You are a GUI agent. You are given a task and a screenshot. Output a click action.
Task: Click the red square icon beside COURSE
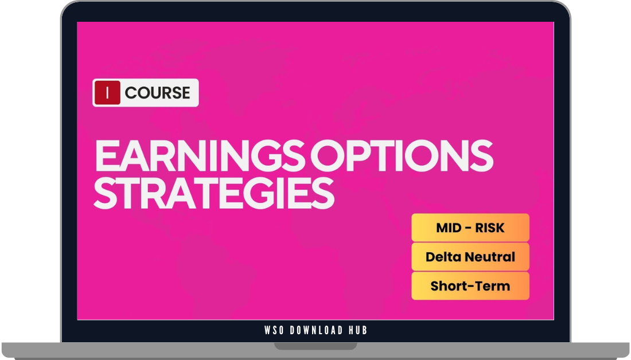point(107,93)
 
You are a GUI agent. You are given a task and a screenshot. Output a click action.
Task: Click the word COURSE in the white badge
point(157,93)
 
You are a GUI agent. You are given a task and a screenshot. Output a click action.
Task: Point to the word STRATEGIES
point(213,193)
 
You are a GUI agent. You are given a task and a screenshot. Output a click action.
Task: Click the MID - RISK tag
point(470,228)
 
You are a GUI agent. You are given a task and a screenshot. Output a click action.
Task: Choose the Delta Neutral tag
point(470,257)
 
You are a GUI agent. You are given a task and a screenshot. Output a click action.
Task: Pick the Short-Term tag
point(470,285)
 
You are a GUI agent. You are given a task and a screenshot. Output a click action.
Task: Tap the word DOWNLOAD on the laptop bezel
point(316,330)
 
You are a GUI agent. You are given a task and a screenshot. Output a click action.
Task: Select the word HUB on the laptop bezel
point(358,330)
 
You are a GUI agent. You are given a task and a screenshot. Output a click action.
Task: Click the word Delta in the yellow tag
point(443,257)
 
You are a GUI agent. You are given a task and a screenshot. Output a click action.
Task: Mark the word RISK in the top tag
point(489,228)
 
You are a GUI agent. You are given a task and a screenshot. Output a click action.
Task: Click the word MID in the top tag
point(449,228)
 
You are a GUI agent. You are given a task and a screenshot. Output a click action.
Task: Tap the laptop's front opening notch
point(315,346)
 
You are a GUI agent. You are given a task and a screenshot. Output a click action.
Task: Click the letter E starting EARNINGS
point(106,156)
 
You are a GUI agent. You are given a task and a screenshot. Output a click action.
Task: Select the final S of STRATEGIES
point(323,193)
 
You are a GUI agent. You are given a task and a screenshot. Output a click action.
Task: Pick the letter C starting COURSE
point(131,93)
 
